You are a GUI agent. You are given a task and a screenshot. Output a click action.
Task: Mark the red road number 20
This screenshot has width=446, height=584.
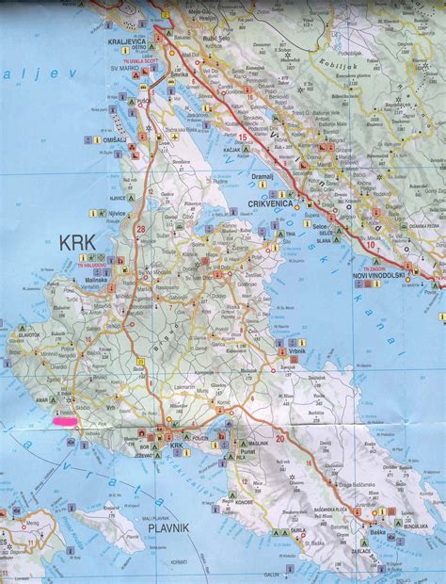(x=280, y=436)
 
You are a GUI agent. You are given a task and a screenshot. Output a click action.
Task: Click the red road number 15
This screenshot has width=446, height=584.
(x=243, y=138)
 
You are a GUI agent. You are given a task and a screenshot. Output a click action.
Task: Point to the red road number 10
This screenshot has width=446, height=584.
(x=372, y=247)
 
